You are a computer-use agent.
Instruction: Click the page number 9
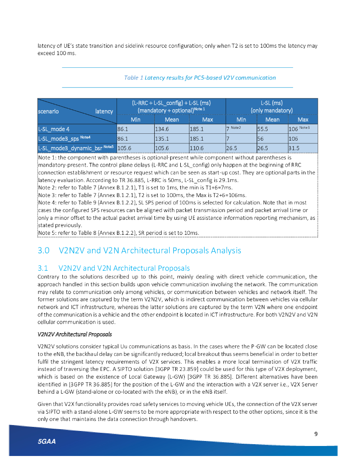316,433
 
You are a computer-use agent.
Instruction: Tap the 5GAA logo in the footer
47,442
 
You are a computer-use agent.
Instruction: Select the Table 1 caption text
200,78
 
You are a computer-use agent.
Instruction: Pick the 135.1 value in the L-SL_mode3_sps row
161,138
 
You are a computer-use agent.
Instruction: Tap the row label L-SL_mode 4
54,129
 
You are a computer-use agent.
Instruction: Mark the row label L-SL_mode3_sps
59,138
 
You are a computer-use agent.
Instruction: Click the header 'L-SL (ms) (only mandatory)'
272,106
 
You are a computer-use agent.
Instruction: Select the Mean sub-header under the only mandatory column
272,120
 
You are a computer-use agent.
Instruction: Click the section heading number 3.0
44,250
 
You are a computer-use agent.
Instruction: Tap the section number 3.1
44,268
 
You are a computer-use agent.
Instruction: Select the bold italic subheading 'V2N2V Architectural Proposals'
75,334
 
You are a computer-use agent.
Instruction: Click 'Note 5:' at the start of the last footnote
48,233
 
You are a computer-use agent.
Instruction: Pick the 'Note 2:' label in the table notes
48,187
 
